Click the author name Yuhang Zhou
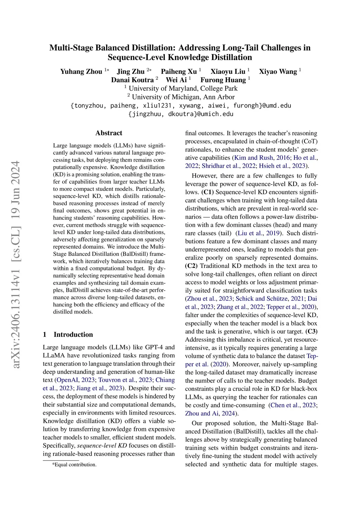click(x=81, y=72)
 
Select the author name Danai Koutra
click(x=132, y=80)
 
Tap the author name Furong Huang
click(x=223, y=80)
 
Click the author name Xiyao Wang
click(x=278, y=72)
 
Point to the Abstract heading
click(x=109, y=133)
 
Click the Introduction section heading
click(x=73, y=334)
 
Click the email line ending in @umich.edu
click(x=181, y=114)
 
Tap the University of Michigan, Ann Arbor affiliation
click(x=183, y=97)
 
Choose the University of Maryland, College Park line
click(x=183, y=89)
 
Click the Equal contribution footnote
click(x=74, y=465)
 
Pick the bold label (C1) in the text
click(x=207, y=192)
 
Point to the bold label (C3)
click(x=311, y=331)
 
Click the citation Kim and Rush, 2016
click(x=262, y=158)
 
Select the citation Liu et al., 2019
click(x=259, y=233)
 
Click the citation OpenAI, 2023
click(x=76, y=380)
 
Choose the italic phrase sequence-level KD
click(x=102, y=446)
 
